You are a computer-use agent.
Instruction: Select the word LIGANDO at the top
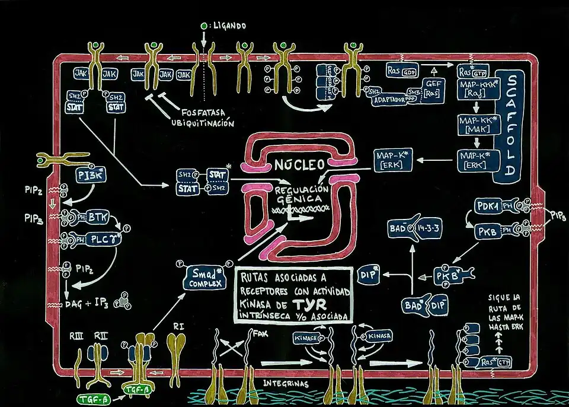coord(228,26)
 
